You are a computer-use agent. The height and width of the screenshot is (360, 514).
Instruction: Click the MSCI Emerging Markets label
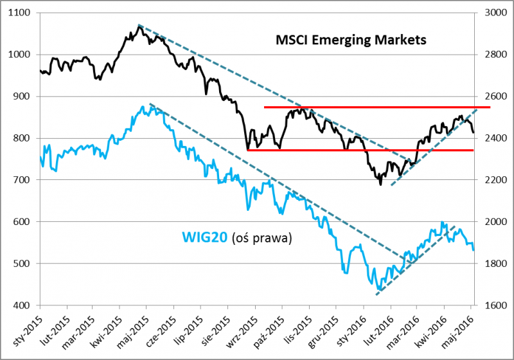point(351,40)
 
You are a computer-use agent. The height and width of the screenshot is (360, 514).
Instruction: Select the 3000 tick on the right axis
point(491,13)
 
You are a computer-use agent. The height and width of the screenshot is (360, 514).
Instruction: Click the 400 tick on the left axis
point(25,305)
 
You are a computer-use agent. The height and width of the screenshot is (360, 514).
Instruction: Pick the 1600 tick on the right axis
point(491,305)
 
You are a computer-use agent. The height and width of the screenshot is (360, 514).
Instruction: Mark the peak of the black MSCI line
point(139,26)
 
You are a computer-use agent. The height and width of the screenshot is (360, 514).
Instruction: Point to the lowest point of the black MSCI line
point(380,184)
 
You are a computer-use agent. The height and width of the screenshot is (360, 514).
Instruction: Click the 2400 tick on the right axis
point(491,138)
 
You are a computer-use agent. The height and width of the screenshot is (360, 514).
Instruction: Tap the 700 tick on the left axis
point(25,180)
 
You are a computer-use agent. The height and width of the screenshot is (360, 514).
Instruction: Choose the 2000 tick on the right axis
point(491,222)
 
